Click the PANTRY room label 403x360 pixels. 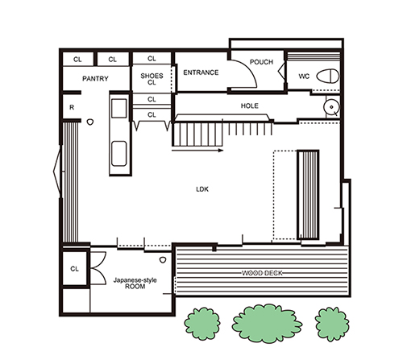(95, 79)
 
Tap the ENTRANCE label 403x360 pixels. (201, 72)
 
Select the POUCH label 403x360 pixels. (261, 62)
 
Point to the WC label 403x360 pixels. (304, 77)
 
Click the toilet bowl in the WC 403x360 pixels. (327, 76)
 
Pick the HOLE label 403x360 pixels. (250, 106)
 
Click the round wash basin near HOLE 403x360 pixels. (331, 107)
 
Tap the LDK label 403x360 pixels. (202, 189)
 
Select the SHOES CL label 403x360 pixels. (152, 79)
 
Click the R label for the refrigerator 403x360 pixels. (72, 107)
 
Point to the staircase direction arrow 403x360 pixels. (197, 151)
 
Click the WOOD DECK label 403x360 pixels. (262, 273)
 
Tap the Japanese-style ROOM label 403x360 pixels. (135, 283)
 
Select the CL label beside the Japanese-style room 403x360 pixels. (74, 269)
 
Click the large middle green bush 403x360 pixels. (267, 323)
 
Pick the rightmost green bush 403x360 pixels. (332, 324)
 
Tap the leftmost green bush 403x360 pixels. (202, 323)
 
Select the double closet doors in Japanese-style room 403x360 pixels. (98, 268)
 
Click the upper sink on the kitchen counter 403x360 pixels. (119, 108)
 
